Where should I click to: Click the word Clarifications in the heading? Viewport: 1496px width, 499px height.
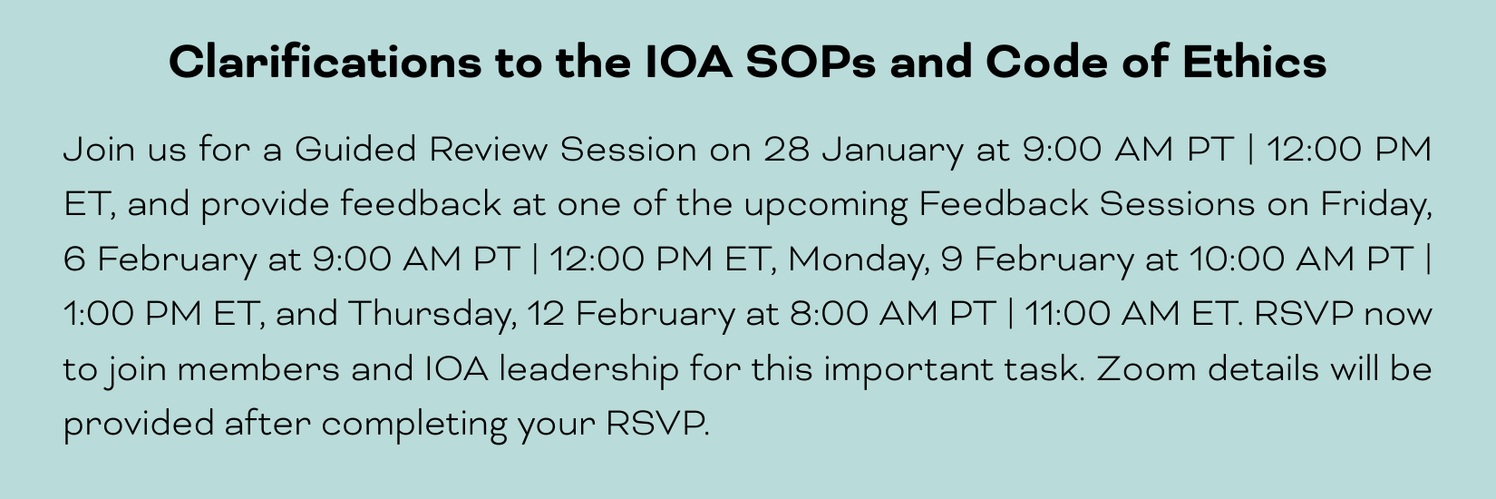325,62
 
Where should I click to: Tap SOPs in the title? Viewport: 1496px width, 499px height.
811,62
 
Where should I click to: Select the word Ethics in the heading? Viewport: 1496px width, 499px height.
1254,62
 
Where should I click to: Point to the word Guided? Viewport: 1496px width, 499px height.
355,149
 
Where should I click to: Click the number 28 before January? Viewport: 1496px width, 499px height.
787,149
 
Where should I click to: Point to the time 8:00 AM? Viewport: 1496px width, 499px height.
863,313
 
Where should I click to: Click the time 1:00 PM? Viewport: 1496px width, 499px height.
132,313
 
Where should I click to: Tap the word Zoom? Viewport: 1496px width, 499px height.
1145,368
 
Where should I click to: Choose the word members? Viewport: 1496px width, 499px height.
258,368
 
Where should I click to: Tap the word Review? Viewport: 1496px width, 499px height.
488,149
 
